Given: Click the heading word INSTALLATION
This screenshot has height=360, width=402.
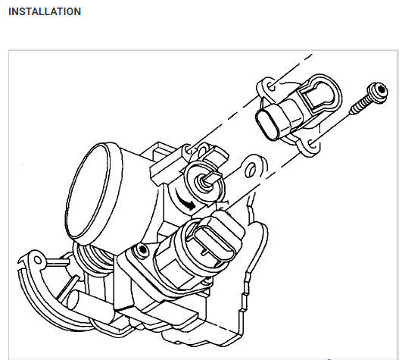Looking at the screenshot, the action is point(45,11).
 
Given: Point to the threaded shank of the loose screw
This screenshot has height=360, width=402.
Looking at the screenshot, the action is point(360,105).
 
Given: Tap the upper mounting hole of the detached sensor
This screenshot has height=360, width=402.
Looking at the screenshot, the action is point(271,86).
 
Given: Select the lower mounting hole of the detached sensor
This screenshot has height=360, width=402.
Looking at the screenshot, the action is point(312,144).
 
